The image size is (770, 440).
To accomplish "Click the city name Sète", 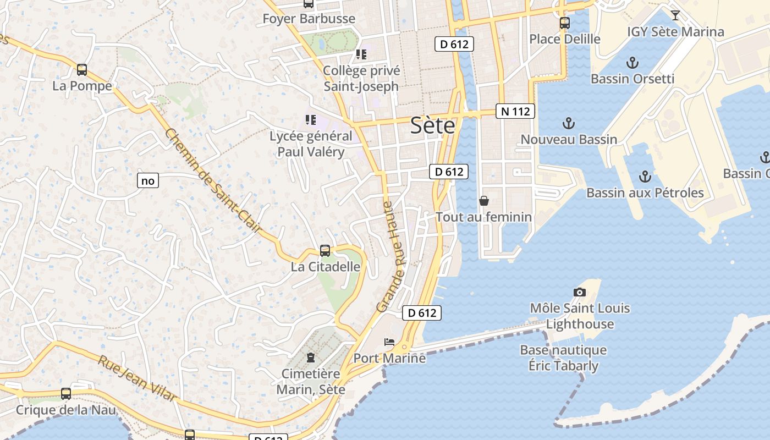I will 433,126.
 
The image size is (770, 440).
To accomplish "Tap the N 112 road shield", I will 515,112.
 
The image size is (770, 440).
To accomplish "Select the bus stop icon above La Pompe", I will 82,70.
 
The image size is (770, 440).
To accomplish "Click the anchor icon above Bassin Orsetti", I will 632,63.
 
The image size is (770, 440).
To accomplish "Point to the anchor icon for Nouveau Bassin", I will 569,123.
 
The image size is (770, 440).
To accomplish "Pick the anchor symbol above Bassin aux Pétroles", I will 645,177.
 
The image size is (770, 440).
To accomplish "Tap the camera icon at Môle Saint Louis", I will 579,292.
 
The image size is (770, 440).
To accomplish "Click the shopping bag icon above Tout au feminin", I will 484,201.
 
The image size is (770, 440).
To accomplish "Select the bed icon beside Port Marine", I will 389,342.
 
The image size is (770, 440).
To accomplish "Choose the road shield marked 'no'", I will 147,180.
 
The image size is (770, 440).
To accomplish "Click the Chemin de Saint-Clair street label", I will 212,180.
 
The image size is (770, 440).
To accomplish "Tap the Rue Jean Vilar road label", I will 137,379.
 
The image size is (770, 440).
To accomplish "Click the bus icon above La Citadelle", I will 325,251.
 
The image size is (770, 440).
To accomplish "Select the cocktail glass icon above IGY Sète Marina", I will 675,15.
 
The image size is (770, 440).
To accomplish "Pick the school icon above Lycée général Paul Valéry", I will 311,119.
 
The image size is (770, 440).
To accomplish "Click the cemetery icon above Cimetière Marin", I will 311,358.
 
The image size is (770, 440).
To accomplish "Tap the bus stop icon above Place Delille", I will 565,23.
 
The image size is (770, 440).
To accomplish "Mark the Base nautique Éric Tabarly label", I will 563,358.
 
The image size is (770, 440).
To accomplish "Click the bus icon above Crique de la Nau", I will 66,394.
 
